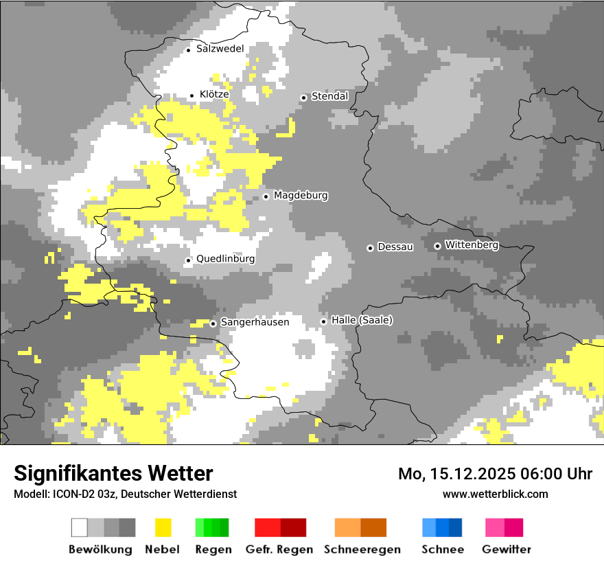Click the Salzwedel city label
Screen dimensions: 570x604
point(220,49)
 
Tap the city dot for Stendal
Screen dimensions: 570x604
point(303,98)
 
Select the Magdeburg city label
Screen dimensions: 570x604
point(301,196)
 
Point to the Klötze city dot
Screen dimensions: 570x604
point(192,95)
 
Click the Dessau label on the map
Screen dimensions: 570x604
point(395,247)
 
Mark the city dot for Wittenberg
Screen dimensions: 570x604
point(437,246)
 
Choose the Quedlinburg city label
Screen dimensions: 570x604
point(225,259)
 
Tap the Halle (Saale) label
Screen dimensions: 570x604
point(362,321)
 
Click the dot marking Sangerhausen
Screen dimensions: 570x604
point(213,323)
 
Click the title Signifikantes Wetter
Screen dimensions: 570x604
point(113,473)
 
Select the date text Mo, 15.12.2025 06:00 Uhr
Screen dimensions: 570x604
point(495,474)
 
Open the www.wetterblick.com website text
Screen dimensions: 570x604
point(495,494)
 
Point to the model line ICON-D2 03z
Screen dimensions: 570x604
point(125,494)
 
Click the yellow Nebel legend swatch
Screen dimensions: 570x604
point(163,527)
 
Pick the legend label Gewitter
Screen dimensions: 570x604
point(506,549)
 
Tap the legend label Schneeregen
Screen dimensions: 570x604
point(362,549)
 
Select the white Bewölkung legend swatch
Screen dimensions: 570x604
point(80,527)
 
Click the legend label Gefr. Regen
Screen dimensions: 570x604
point(279,549)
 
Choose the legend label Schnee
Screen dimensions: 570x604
point(442,549)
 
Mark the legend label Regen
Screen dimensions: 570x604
point(213,549)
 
